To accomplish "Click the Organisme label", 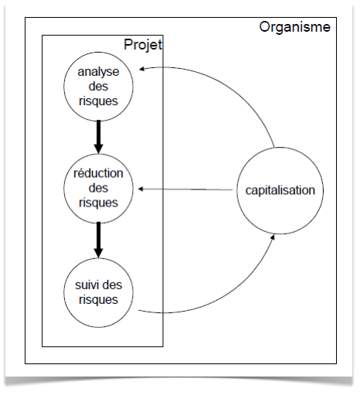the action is tap(294, 27).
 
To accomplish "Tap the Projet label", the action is tap(143, 45).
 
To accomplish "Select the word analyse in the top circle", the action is tap(98, 72).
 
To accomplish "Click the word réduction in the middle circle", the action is tap(98, 173).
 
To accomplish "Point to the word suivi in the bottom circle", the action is tap(86, 285).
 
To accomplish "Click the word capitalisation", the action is tap(280, 190).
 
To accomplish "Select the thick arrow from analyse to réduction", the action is tap(98, 137).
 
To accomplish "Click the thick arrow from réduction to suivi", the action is tap(98, 240).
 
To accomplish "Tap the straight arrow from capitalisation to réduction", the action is tap(185, 189).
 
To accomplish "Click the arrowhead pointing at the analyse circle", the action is tap(142, 69).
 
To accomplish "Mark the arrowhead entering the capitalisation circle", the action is tap(273, 237).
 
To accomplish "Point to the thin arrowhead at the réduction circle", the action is tap(141, 189).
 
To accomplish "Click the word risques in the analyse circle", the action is tap(98, 101).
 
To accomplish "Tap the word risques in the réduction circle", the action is tap(98, 203).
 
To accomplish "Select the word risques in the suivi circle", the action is tap(98, 300).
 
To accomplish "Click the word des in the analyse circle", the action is tap(98, 87).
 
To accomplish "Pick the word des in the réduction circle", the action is tap(98, 188).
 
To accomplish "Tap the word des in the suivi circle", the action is tap(112, 285).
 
